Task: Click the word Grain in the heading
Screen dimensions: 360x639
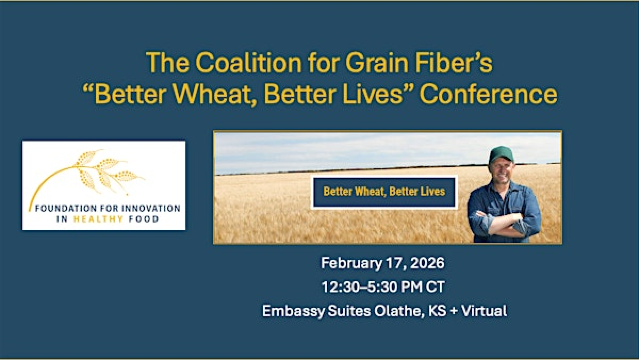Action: (368, 62)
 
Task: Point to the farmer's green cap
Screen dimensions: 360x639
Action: (501, 155)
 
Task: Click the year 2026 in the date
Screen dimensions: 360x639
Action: (425, 264)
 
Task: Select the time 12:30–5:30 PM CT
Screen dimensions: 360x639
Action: (384, 287)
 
